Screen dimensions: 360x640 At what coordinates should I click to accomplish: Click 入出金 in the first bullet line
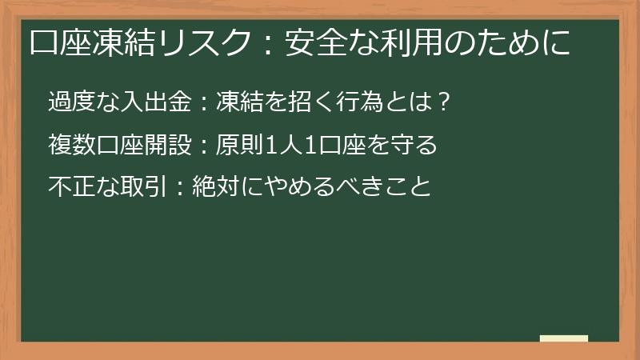pyautogui.click(x=144, y=102)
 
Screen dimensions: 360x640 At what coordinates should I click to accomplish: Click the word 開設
pyautogui.click(x=164, y=146)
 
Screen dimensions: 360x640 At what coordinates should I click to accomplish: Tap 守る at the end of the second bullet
pyautogui.click(x=416, y=146)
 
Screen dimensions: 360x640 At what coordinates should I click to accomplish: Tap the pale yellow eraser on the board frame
pyautogui.click(x=564, y=339)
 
